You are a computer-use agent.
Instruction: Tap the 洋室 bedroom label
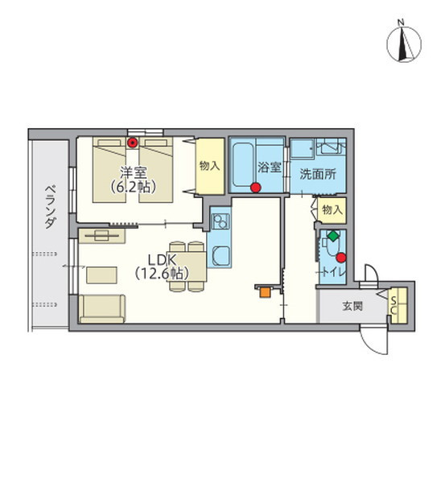click(x=134, y=173)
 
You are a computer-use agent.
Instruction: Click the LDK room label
click(x=162, y=260)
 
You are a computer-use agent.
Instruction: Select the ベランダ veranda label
click(x=51, y=207)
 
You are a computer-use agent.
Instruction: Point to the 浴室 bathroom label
click(x=270, y=167)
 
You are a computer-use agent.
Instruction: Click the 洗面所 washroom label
click(x=318, y=175)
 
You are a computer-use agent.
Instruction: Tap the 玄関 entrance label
click(x=352, y=307)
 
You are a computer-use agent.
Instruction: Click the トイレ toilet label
click(x=333, y=272)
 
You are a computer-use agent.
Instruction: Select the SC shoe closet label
click(x=393, y=305)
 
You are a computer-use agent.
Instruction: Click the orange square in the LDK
click(x=265, y=292)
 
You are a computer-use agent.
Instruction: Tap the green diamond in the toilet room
click(x=332, y=236)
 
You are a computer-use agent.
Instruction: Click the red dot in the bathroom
click(x=256, y=188)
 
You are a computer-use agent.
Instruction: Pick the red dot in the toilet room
click(x=341, y=258)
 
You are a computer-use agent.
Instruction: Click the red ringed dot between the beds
click(x=133, y=142)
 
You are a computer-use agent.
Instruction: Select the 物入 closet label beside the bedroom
click(x=209, y=166)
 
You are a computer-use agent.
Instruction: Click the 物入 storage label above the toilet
click(x=332, y=210)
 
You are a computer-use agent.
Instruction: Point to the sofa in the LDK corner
click(x=102, y=309)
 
